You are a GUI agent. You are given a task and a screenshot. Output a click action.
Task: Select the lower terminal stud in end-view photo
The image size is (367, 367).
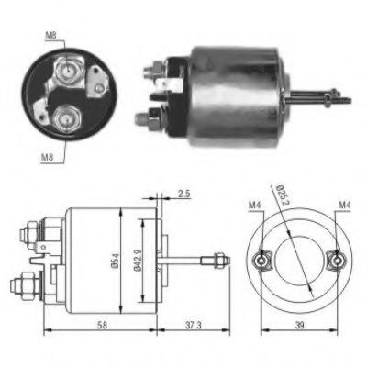(65, 117)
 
